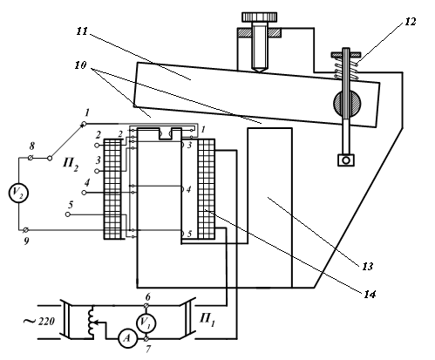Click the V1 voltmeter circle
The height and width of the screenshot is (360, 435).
[146, 323]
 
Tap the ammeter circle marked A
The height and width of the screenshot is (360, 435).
[127, 338]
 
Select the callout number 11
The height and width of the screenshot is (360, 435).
[82, 31]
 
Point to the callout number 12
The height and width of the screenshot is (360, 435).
[410, 22]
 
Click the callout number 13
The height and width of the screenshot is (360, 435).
[367, 266]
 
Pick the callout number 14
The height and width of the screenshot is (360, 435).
[370, 295]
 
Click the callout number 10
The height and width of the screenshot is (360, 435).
[80, 65]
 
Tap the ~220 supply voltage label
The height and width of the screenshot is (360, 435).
[39, 322]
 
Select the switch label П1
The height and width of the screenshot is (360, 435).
[207, 320]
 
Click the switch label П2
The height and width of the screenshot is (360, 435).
[71, 164]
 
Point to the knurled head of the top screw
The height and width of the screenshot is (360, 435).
[260, 17]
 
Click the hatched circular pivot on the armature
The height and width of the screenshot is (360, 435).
[347, 104]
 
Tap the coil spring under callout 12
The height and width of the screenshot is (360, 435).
[346, 68]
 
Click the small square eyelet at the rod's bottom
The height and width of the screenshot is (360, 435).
[346, 160]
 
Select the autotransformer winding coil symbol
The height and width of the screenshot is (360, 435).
[91, 322]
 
